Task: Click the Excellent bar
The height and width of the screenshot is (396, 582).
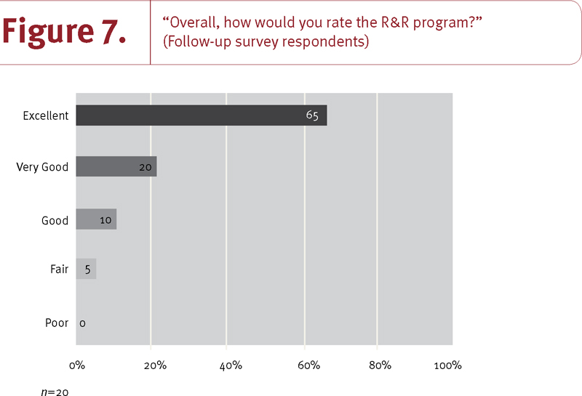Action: click(201, 116)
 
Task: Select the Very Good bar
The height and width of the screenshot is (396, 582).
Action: click(116, 167)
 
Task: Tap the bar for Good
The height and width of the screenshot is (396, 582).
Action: click(96, 219)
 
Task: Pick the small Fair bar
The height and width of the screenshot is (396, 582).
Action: click(86, 270)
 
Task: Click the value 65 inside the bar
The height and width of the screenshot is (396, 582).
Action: click(312, 116)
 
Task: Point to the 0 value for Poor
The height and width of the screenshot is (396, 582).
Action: click(82, 323)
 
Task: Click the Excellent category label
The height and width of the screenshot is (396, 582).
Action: click(45, 116)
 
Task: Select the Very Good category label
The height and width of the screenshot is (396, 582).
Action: click(42, 167)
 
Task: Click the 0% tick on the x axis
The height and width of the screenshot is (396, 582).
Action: click(76, 365)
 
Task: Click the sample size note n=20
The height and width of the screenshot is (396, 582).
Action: click(55, 392)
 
